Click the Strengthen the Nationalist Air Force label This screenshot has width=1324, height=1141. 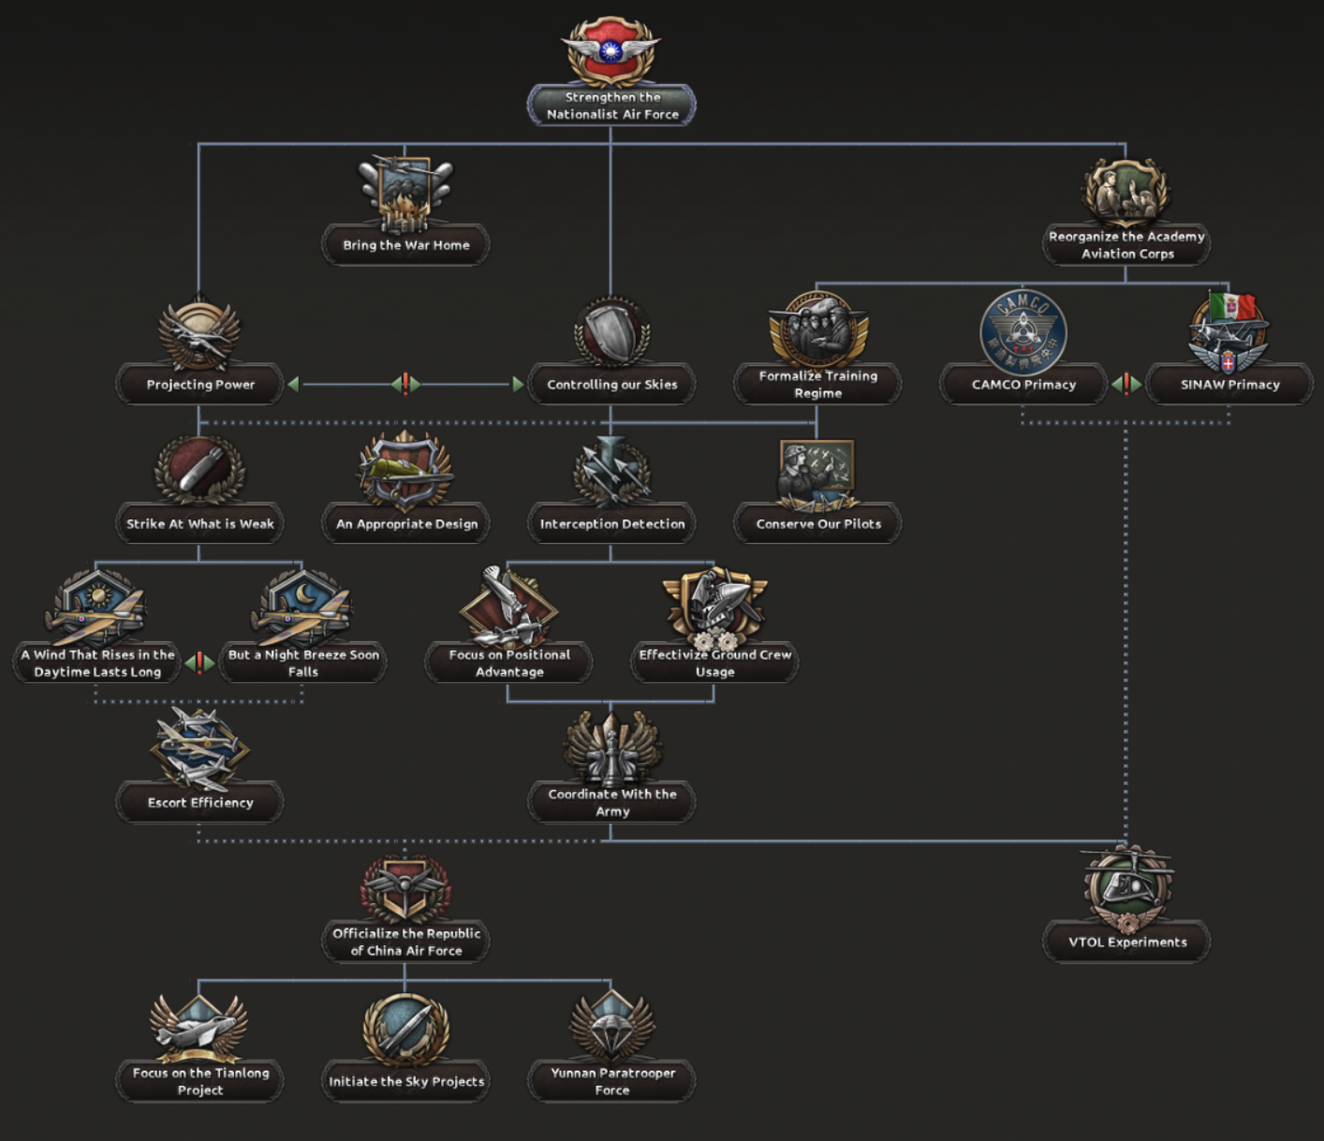point(611,106)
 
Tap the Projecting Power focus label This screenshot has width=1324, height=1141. point(199,385)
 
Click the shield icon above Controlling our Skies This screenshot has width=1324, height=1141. point(611,333)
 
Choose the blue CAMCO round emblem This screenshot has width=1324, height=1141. point(1022,332)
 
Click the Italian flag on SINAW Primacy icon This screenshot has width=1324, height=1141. point(1231,306)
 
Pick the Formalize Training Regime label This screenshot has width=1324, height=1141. point(817,385)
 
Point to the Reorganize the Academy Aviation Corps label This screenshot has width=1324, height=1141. point(1126,245)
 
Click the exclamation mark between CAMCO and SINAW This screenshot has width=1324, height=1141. point(1126,384)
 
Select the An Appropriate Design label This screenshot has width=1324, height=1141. point(406,524)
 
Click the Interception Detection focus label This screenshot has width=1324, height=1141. point(611,524)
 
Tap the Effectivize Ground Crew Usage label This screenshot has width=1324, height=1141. point(714,663)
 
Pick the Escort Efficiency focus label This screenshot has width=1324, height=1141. point(199,803)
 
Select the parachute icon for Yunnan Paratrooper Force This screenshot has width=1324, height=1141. point(611,1023)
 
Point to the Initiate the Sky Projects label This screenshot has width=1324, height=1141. point(406,1082)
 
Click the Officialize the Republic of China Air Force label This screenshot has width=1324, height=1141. point(406,942)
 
